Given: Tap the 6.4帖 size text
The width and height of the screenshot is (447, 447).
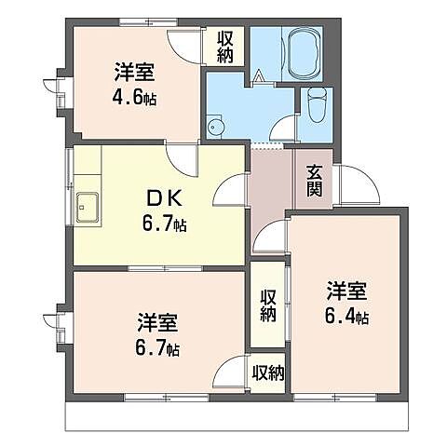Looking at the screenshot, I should pos(348,317).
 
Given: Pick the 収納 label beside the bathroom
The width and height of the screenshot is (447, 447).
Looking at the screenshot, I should pos(226,46).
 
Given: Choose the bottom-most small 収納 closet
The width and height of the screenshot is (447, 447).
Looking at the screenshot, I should pos(267,373).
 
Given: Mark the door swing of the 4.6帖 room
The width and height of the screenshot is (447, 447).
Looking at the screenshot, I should pos(182,47).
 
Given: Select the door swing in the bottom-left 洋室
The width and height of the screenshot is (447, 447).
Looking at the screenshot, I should pos(228,372).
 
